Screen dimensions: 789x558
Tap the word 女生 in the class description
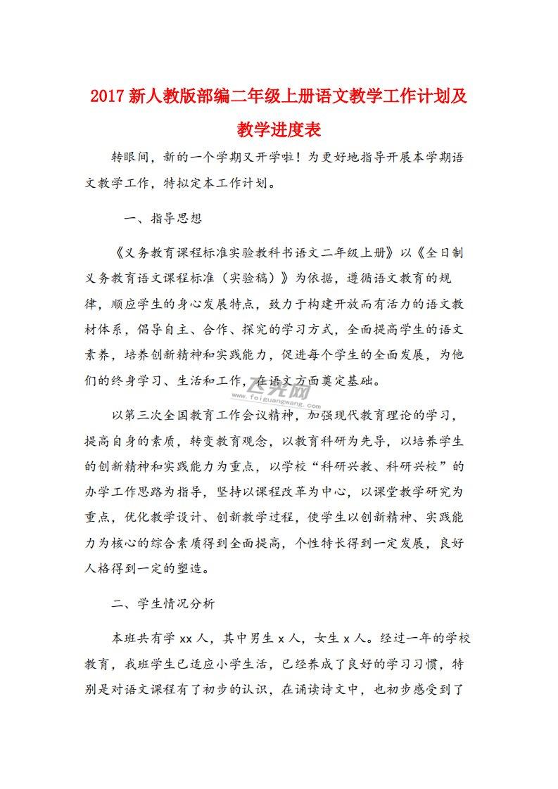pyautogui.click(x=326, y=639)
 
